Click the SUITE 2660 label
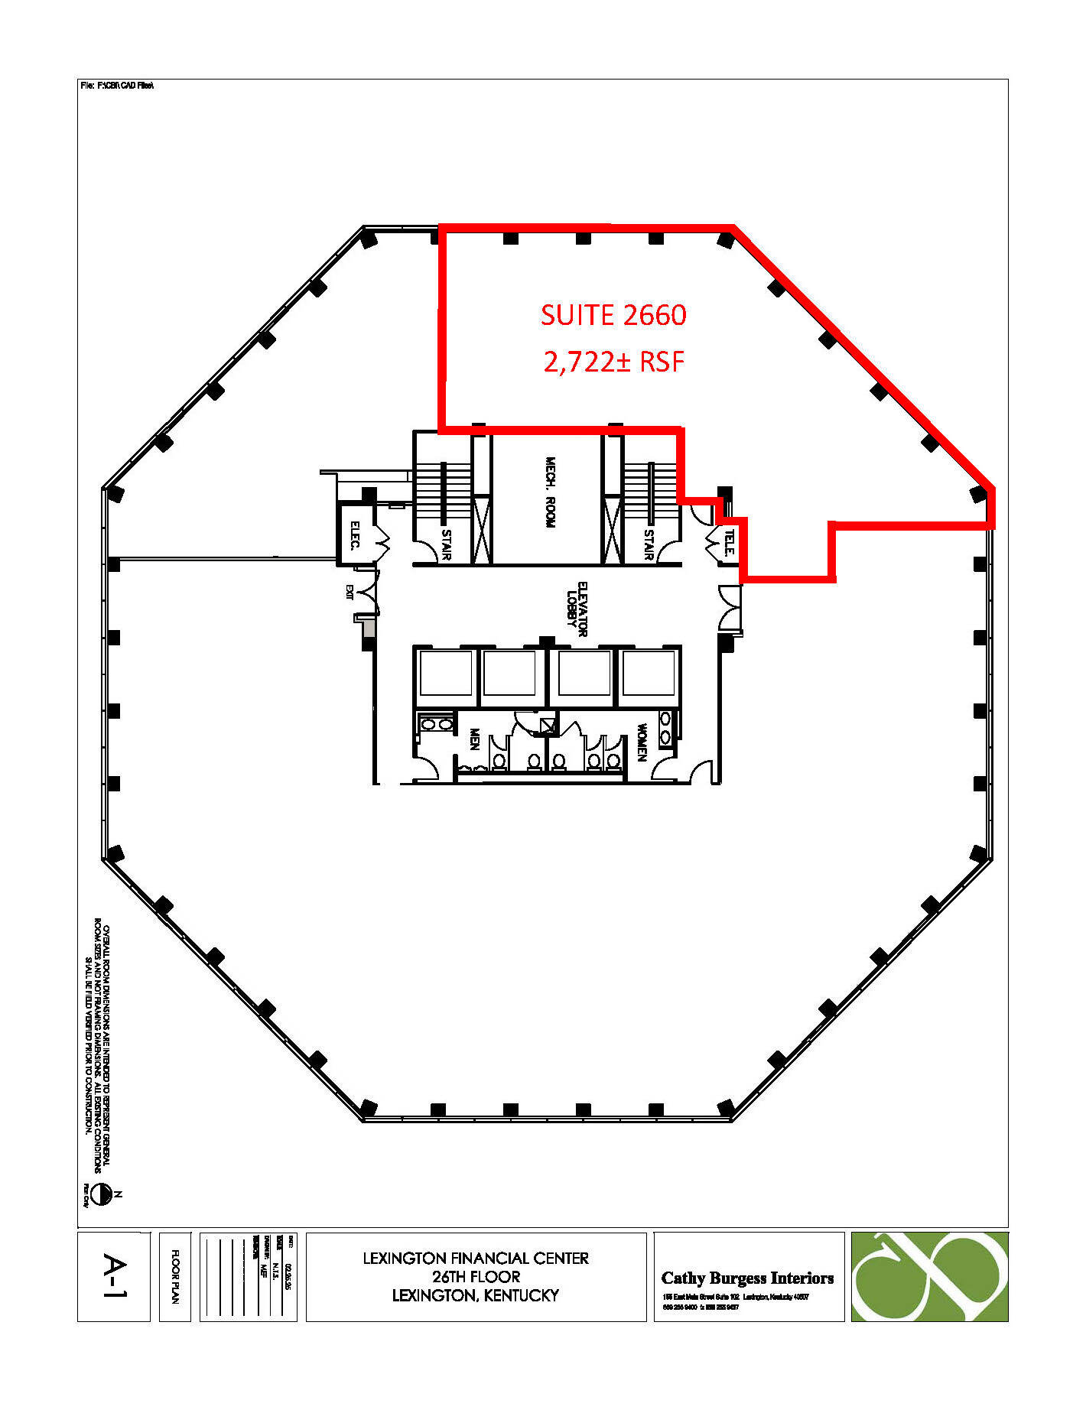613,315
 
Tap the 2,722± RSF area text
613,361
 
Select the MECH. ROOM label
550,492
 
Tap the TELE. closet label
729,542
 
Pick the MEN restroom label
474,739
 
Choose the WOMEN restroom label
642,742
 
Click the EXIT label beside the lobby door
350,592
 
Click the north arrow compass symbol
102,1194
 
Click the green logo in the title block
929,1276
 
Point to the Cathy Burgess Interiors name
747,1278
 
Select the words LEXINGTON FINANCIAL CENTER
476,1258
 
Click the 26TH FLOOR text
476,1276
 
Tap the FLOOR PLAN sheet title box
175,1276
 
